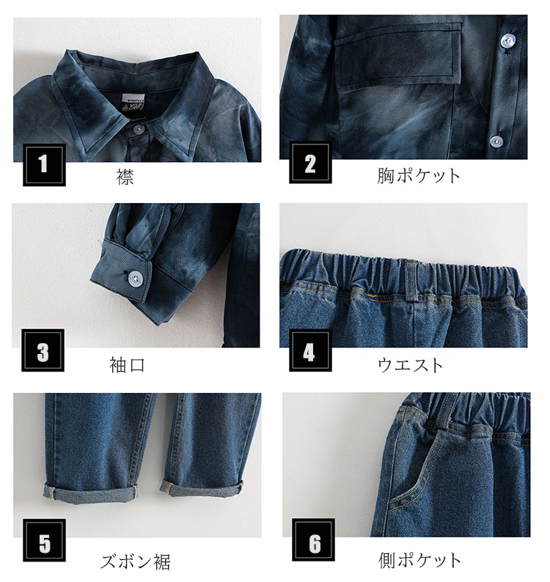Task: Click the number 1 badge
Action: pyautogui.click(x=44, y=164)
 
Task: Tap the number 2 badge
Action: pyautogui.click(x=310, y=163)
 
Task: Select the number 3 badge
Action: pyautogui.click(x=43, y=350)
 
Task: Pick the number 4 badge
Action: pyautogui.click(x=310, y=350)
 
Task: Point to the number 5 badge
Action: pyautogui.click(x=44, y=540)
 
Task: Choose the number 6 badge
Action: pyautogui.click(x=313, y=539)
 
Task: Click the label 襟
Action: pyautogui.click(x=125, y=177)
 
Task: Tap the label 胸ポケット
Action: pyautogui.click(x=419, y=176)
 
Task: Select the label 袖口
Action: pyautogui.click(x=128, y=365)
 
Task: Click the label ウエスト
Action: pyautogui.click(x=411, y=365)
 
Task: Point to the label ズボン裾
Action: pyautogui.click(x=136, y=562)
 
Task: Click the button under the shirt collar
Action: pyautogui.click(x=139, y=129)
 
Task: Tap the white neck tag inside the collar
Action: pyautogui.click(x=133, y=103)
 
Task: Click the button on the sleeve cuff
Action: pyautogui.click(x=134, y=277)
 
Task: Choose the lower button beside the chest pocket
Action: pyautogui.click(x=496, y=141)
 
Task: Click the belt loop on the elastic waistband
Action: pyautogui.click(x=411, y=281)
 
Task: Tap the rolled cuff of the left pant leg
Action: pyautogui.click(x=91, y=492)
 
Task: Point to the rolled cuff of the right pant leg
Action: pyautogui.click(x=202, y=487)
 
